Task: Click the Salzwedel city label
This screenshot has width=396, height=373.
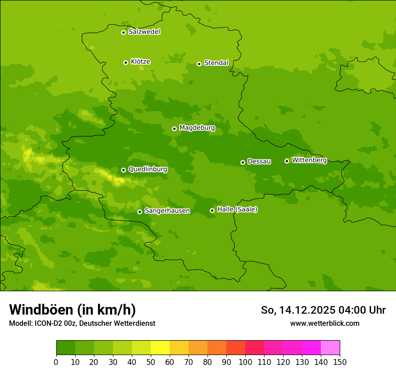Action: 144,32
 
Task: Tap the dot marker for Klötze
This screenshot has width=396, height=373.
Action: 126,62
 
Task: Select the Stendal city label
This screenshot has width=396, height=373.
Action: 216,63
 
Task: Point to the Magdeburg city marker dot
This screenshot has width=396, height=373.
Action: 174,129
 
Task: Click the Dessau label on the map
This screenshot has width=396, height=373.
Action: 259,161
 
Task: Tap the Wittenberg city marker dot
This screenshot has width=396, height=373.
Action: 287,161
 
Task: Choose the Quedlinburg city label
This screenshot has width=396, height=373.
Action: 148,169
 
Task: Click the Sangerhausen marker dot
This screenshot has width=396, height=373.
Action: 139,212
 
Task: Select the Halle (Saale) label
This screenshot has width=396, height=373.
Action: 237,209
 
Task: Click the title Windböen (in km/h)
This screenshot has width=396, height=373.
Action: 72,310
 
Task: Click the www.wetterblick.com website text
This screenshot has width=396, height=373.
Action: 324,323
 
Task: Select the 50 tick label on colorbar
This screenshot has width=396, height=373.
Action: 151,362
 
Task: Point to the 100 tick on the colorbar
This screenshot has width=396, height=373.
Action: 245,362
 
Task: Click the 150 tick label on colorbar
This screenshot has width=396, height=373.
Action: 340,362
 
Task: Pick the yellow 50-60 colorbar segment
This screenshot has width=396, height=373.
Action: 160,347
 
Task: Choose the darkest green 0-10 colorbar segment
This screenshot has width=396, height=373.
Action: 66,347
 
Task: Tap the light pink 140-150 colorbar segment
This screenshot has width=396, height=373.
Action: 330,347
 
